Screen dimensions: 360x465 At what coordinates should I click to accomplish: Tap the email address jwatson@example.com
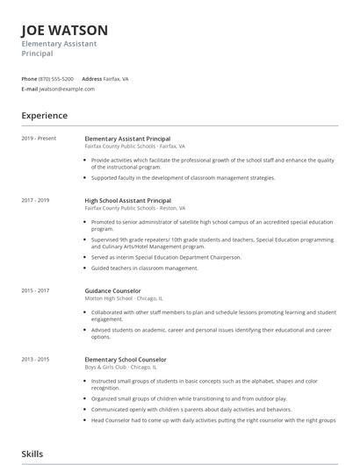(x=67, y=89)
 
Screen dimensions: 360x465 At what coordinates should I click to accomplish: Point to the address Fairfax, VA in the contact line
(x=117, y=78)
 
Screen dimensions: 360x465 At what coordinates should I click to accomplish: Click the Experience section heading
(x=45, y=116)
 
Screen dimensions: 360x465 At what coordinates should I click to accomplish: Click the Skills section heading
(x=32, y=454)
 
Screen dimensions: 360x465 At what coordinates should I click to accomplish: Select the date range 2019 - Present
(x=39, y=139)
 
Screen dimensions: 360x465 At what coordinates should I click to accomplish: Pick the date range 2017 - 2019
(x=36, y=200)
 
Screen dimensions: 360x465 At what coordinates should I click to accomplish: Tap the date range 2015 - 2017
(x=36, y=290)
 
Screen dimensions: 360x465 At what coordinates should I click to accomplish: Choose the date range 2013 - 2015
(x=36, y=360)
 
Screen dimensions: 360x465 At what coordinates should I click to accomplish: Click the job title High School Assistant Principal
(x=127, y=200)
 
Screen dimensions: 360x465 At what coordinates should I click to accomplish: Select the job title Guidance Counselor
(x=112, y=290)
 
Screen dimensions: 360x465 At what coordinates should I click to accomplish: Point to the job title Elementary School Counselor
(x=126, y=360)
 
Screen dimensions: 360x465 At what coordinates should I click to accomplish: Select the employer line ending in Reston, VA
(x=135, y=208)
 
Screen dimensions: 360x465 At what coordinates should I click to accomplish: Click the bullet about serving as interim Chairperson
(x=165, y=256)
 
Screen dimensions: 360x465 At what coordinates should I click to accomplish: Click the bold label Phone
(x=29, y=78)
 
